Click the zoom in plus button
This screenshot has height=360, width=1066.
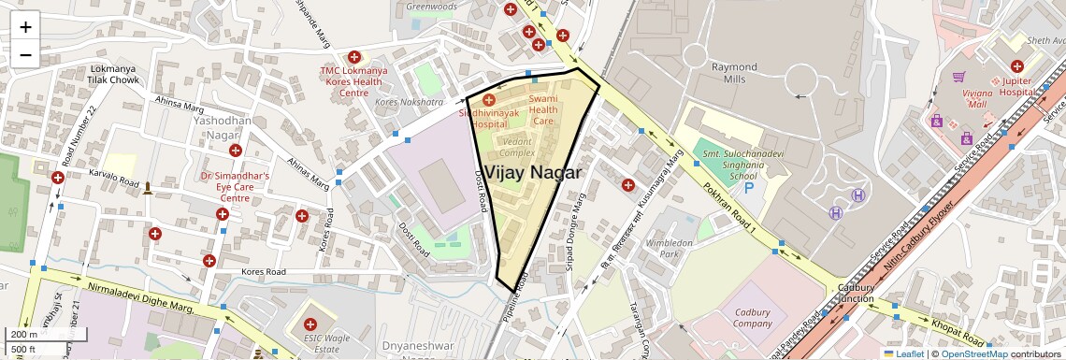[x=25, y=26]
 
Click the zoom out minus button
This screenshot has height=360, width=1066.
[x=25, y=54]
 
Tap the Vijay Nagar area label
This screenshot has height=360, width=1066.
[x=533, y=173]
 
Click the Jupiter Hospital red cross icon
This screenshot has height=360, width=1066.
[x=1016, y=66]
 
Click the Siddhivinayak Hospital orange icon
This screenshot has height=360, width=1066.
[x=488, y=99]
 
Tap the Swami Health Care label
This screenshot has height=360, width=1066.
[x=543, y=109]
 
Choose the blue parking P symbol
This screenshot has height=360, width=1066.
[x=749, y=189]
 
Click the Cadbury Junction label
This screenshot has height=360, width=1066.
[x=855, y=293]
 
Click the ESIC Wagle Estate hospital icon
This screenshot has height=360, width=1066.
[x=310, y=324]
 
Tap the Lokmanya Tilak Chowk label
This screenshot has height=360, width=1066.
[x=114, y=75]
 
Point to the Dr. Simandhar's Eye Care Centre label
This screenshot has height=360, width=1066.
[x=235, y=186]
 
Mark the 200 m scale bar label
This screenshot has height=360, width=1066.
[x=24, y=334]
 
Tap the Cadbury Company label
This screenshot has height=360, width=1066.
[x=752, y=318]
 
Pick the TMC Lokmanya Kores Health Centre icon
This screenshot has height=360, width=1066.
[x=353, y=57]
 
